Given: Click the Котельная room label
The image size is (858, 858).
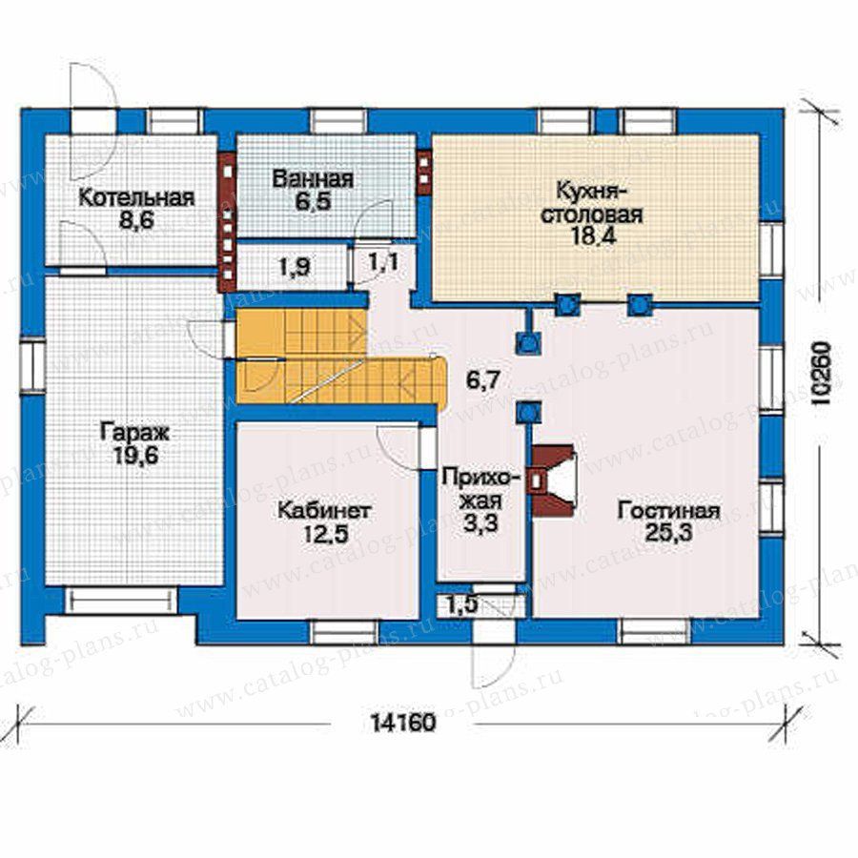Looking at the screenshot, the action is [x=136, y=198].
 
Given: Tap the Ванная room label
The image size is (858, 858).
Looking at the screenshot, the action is [x=313, y=179].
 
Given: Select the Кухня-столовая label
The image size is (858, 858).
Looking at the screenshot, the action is [x=592, y=202].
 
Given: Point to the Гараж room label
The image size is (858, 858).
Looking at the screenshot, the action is [x=135, y=433].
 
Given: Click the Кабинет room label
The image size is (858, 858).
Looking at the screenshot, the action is [x=324, y=511].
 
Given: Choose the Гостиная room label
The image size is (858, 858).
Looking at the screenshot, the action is [x=668, y=511].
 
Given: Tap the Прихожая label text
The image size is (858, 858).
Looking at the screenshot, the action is [x=480, y=489].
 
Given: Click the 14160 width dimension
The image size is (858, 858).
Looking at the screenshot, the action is [x=404, y=723].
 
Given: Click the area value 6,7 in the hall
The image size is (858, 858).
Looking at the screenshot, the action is [x=482, y=379].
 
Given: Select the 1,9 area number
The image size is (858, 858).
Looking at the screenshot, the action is [x=295, y=267].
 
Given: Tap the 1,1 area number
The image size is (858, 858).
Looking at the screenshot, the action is [x=383, y=262].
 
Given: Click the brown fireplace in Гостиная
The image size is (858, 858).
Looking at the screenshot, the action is [x=552, y=480].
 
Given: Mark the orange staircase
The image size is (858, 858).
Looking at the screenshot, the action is [x=340, y=356].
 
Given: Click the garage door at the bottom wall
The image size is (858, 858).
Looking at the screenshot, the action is [x=121, y=600].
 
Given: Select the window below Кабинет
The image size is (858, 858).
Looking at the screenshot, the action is [x=343, y=631].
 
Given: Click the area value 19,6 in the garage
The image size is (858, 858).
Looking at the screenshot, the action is [x=135, y=456].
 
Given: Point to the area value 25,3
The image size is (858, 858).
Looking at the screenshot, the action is [x=668, y=532].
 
